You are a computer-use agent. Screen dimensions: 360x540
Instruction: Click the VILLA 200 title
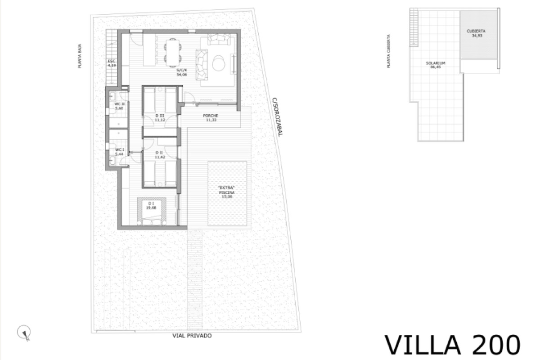coord(452,346)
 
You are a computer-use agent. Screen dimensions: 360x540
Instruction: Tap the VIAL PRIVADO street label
coord(192,336)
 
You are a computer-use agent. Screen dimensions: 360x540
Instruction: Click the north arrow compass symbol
coord(23,333)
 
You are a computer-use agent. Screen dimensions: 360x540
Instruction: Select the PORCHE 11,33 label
coord(211,118)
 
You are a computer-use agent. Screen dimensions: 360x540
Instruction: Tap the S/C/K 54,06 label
coord(182,72)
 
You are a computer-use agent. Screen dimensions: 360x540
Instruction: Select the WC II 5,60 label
coord(119,106)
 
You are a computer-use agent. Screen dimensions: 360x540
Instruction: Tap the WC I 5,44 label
coord(119,152)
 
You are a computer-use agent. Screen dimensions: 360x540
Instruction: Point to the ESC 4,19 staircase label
coord(112,63)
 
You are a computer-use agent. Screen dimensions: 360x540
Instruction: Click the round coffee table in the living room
coord(219,63)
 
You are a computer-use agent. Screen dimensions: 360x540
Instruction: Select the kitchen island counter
coord(149,49)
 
